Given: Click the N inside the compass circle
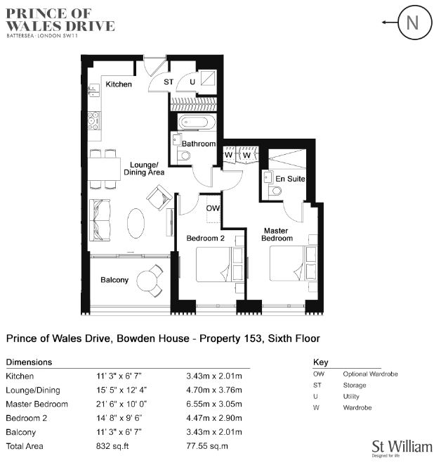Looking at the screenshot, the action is [x=412, y=23].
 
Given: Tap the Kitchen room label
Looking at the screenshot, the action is [x=119, y=84].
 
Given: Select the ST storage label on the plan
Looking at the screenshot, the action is [x=169, y=82].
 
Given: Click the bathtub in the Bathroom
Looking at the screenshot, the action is [x=193, y=122].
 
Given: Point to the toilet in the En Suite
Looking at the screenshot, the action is [x=275, y=191].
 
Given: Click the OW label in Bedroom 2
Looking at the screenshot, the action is [x=213, y=208].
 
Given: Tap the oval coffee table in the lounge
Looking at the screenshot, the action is [x=136, y=223].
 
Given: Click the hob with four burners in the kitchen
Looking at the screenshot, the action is [x=94, y=120].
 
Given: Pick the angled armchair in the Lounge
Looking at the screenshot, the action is [x=159, y=198].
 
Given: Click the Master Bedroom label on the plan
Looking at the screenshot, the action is [x=277, y=234].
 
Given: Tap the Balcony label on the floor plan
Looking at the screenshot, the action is [x=114, y=280].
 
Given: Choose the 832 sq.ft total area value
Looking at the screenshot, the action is [x=112, y=446].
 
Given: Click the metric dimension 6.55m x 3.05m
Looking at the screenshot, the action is [x=214, y=404].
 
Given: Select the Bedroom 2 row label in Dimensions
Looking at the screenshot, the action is [x=26, y=418].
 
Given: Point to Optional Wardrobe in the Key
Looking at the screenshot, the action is [x=370, y=374].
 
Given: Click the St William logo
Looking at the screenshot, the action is [x=402, y=448].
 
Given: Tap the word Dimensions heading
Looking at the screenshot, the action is [x=29, y=362].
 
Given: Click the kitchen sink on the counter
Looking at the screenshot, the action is [x=94, y=90].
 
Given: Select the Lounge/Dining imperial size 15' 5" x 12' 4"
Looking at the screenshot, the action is [x=121, y=390].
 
